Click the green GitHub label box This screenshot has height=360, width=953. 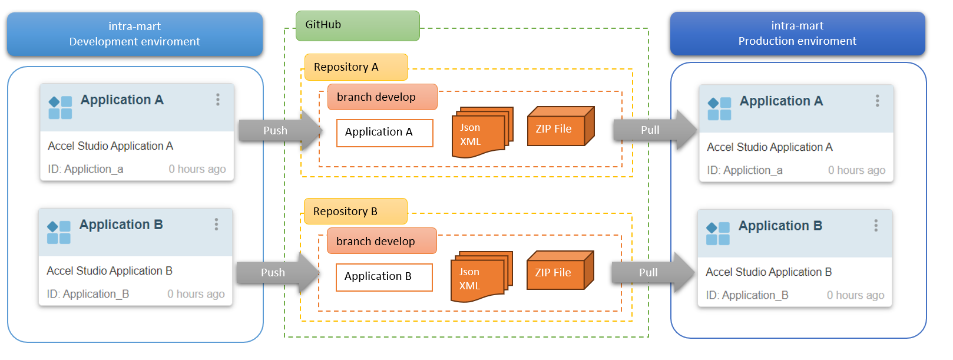click(357, 25)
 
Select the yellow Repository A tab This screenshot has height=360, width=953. click(356, 67)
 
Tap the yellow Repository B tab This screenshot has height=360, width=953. click(355, 212)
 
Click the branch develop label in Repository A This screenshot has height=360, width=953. click(382, 97)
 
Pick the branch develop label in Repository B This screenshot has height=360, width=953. click(381, 242)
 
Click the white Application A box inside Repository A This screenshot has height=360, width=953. click(384, 133)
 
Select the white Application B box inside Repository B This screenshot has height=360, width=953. click(383, 277)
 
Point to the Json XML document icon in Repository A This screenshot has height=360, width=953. click(479, 133)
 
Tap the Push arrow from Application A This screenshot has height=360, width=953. click(279, 130)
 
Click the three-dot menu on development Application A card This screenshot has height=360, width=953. click(218, 100)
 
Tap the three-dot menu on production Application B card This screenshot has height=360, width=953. click(876, 226)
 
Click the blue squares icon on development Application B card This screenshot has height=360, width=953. click(59, 232)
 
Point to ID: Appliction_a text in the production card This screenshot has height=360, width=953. click(744, 170)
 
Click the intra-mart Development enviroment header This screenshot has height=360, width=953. click(135, 34)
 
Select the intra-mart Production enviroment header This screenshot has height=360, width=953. click(798, 34)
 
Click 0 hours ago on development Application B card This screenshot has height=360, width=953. click(196, 294)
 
